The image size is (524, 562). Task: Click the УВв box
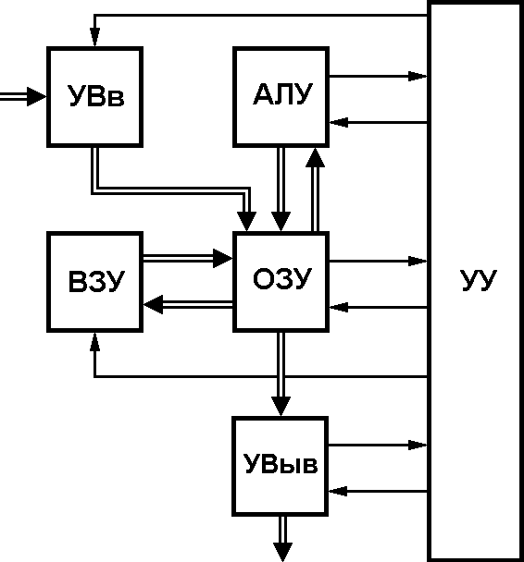(94, 97)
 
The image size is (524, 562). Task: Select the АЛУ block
(281, 97)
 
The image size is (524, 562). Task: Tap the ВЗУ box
(94, 282)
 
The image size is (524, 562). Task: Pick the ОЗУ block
(281, 282)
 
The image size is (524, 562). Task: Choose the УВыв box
(281, 466)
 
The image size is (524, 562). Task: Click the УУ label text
(479, 280)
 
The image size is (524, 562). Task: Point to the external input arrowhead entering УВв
(37, 96)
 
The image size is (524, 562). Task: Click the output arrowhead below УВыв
(282, 552)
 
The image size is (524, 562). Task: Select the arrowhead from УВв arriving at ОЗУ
(247, 222)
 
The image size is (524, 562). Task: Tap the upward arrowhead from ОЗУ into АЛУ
(315, 158)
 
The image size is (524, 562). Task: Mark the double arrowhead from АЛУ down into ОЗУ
(281, 222)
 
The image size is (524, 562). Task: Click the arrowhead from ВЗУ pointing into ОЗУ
(223, 258)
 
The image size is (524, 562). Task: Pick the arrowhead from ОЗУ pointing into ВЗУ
(154, 305)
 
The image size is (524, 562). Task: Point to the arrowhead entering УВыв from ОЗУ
(281, 407)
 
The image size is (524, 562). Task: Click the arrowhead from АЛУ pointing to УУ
(418, 77)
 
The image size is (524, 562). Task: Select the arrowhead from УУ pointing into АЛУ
(339, 122)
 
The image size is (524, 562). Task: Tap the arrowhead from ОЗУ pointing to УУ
(418, 262)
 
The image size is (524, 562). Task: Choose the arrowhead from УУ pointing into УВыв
(338, 491)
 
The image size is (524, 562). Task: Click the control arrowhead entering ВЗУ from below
(94, 342)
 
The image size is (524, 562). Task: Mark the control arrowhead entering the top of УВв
(94, 37)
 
